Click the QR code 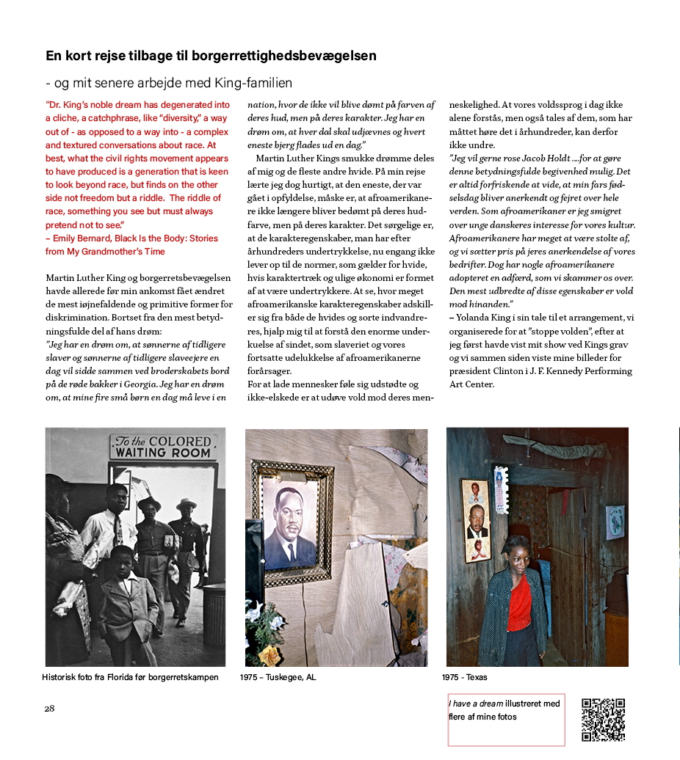603,720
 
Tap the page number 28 49,708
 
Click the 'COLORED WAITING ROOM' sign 163,447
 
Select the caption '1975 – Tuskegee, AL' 278,677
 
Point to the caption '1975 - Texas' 464,677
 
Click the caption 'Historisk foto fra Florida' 130,677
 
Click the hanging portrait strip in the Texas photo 476,519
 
